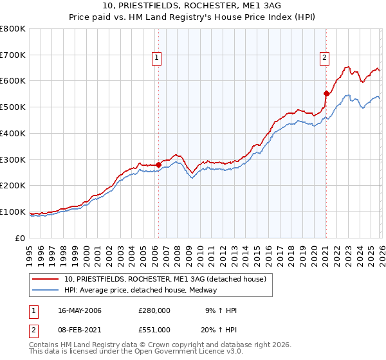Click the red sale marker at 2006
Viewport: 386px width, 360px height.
(x=158, y=165)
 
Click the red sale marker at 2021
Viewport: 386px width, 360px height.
(x=326, y=94)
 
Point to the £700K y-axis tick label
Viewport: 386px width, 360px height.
(x=13, y=55)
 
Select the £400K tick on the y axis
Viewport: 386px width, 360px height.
(x=13, y=134)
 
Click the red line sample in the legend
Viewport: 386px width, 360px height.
(x=46, y=279)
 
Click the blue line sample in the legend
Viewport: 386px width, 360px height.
(x=46, y=291)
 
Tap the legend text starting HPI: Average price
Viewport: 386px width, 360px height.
(x=141, y=291)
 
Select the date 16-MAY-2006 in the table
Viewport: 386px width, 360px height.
(x=80, y=310)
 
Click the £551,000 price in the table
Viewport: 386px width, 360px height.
(x=154, y=330)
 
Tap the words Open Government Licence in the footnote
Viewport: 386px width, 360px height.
(x=176, y=352)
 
